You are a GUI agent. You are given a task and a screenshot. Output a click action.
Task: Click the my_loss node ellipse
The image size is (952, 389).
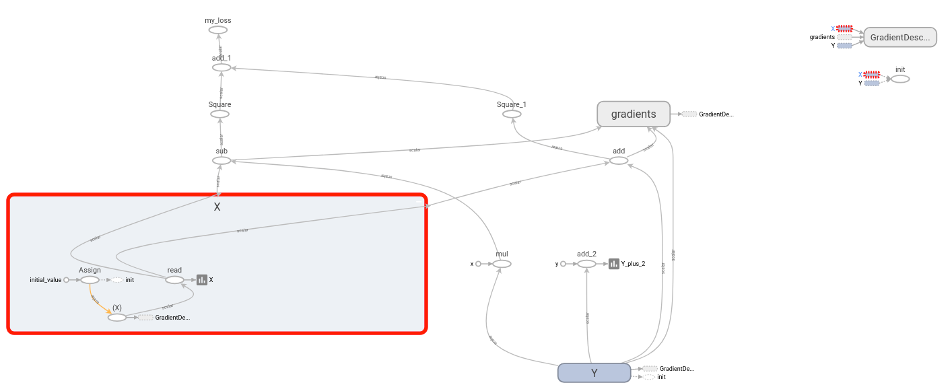[217, 30]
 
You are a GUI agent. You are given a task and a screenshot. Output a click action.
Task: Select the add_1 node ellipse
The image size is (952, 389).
[222, 67]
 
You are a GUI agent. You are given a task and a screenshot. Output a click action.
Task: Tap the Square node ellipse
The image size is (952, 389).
[219, 114]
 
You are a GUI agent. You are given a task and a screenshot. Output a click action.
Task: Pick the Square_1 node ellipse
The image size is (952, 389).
[512, 114]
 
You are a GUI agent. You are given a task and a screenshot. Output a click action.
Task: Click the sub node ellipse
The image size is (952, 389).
[222, 160]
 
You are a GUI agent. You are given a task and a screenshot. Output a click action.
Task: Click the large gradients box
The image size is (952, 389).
[634, 114]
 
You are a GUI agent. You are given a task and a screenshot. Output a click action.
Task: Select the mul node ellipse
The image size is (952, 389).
[502, 264]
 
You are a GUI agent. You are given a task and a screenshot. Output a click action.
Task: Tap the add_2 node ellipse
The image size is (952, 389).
[586, 264]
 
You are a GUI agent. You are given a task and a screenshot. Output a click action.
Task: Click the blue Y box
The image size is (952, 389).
[594, 373]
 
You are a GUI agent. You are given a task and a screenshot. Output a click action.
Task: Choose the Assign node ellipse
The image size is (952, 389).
[90, 280]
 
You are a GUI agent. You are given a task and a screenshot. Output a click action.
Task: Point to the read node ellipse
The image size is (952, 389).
[174, 280]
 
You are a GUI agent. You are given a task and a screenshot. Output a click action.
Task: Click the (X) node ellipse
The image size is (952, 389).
[117, 317]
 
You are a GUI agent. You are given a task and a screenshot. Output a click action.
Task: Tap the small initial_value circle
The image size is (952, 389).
[66, 280]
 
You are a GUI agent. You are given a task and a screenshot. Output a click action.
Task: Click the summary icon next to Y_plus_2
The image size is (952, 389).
[613, 264]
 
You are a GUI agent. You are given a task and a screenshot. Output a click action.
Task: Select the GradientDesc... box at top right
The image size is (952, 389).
[900, 37]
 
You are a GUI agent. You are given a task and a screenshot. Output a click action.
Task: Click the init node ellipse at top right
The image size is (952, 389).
[900, 79]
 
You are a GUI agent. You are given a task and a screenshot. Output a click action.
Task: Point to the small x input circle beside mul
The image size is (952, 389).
[478, 264]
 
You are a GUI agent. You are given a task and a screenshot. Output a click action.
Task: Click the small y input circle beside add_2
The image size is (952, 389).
[563, 264]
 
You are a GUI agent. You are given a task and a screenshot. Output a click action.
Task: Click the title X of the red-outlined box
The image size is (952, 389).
[217, 207]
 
